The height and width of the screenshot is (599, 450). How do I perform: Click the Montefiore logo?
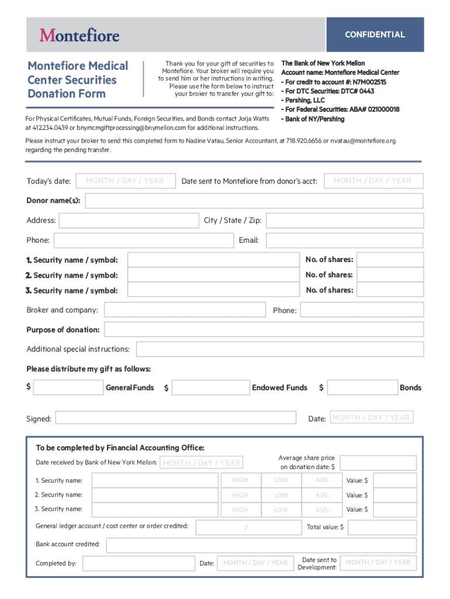pyautogui.click(x=79, y=36)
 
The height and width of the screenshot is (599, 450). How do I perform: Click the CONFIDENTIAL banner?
pyautogui.click(x=375, y=35)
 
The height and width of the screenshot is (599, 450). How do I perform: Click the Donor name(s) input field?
pyautogui.click(x=254, y=201)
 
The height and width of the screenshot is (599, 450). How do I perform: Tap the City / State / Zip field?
pyautogui.click(x=344, y=221)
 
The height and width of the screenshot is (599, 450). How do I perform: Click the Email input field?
pyautogui.click(x=344, y=240)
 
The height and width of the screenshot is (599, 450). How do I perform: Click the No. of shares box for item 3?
pyautogui.click(x=389, y=290)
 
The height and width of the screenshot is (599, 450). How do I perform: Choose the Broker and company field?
pyautogui.click(x=185, y=310)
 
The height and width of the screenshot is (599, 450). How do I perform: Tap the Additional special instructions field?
pyautogui.click(x=280, y=349)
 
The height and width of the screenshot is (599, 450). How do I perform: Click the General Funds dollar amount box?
pyautogui.click(x=68, y=388)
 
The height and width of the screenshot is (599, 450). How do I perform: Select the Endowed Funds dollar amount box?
pyautogui.click(x=210, y=388)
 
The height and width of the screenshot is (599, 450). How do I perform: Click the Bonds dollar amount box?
pyautogui.click(x=362, y=388)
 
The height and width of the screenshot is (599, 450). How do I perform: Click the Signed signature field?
pyautogui.click(x=175, y=418)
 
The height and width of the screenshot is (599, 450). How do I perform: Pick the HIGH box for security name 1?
pyautogui.click(x=240, y=480)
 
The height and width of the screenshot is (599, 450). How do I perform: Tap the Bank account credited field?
pyautogui.click(x=261, y=545)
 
